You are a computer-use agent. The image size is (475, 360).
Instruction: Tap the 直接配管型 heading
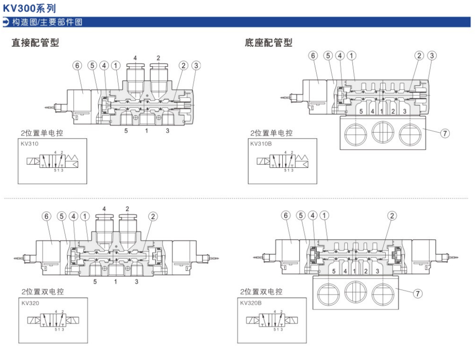click(x=35, y=43)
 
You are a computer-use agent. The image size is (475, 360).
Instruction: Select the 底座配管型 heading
click(x=268, y=43)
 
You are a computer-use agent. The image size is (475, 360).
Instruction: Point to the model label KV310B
click(x=261, y=143)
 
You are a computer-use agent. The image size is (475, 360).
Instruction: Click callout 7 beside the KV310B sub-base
click(x=444, y=133)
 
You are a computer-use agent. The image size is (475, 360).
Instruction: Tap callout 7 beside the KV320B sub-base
click(x=417, y=294)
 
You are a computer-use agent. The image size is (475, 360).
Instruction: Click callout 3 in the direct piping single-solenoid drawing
click(x=196, y=65)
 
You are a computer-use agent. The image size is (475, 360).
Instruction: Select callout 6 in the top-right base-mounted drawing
click(x=313, y=56)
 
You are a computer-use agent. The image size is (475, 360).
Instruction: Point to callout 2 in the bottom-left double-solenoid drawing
click(x=153, y=216)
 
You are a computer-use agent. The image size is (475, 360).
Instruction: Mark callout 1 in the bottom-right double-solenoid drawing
click(x=324, y=215)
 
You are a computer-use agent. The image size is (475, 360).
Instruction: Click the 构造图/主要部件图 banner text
click(x=47, y=22)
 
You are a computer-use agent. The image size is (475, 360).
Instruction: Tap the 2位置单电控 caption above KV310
click(x=42, y=133)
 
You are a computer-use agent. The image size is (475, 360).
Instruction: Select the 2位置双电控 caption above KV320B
click(x=261, y=292)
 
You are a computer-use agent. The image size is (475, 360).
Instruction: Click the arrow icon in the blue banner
click(x=6, y=22)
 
